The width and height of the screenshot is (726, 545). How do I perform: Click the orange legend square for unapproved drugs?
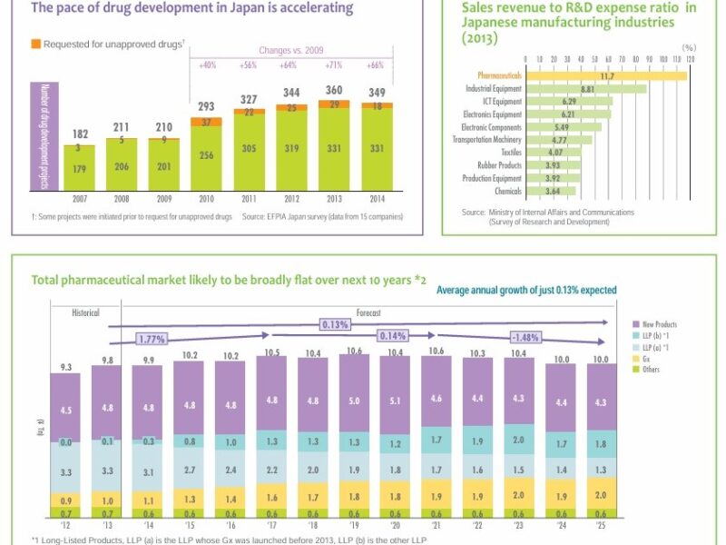pos(34,43)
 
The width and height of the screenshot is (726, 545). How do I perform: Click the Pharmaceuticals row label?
pos(499,76)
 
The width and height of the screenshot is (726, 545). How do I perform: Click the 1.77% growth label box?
pos(153,339)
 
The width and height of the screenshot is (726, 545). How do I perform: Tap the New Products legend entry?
pos(660,324)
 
